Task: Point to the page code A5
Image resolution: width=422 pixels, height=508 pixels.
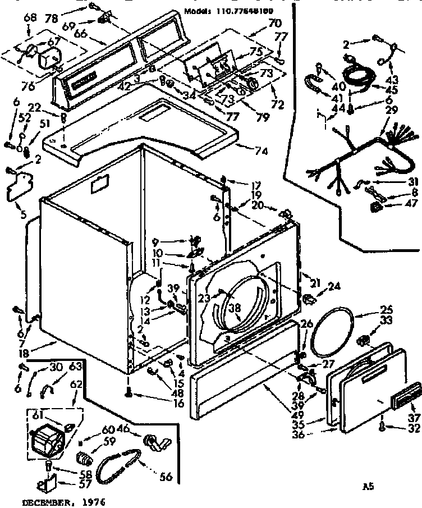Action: tap(369, 487)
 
